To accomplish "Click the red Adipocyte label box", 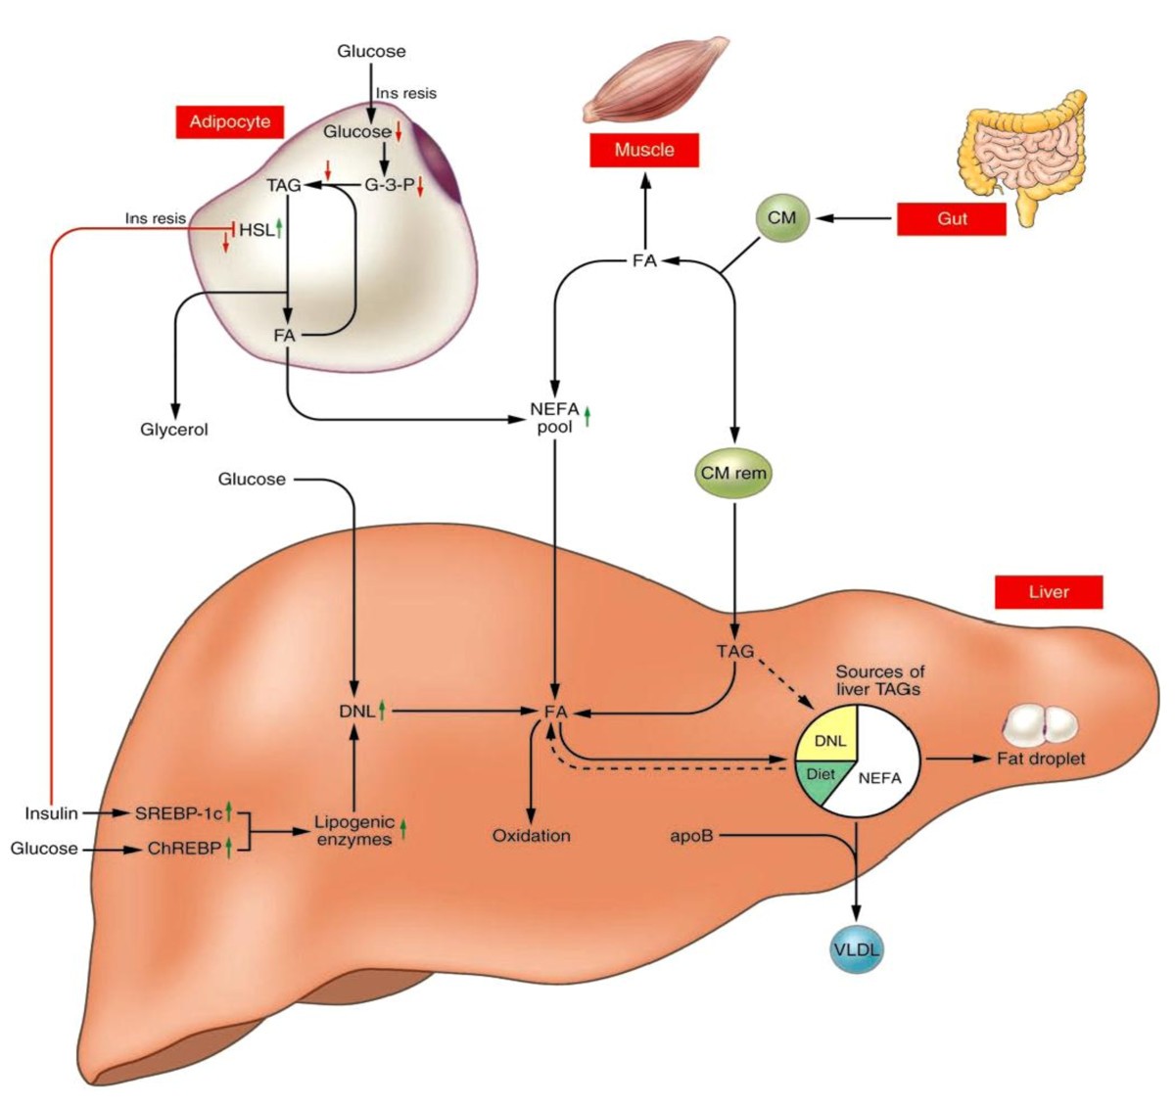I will (229, 122).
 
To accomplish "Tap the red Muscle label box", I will (643, 150).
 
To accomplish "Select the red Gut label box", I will (951, 218).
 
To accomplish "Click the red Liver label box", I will (1048, 592).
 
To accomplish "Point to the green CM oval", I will (781, 217).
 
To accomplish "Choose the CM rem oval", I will (733, 473).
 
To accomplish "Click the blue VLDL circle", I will (856, 949).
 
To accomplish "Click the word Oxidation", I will (531, 836).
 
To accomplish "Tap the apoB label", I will (691, 836).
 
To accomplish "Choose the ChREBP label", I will (183, 848).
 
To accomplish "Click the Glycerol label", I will (174, 429).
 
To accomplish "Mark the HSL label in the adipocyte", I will (257, 230).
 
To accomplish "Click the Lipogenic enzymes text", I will (354, 831).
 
